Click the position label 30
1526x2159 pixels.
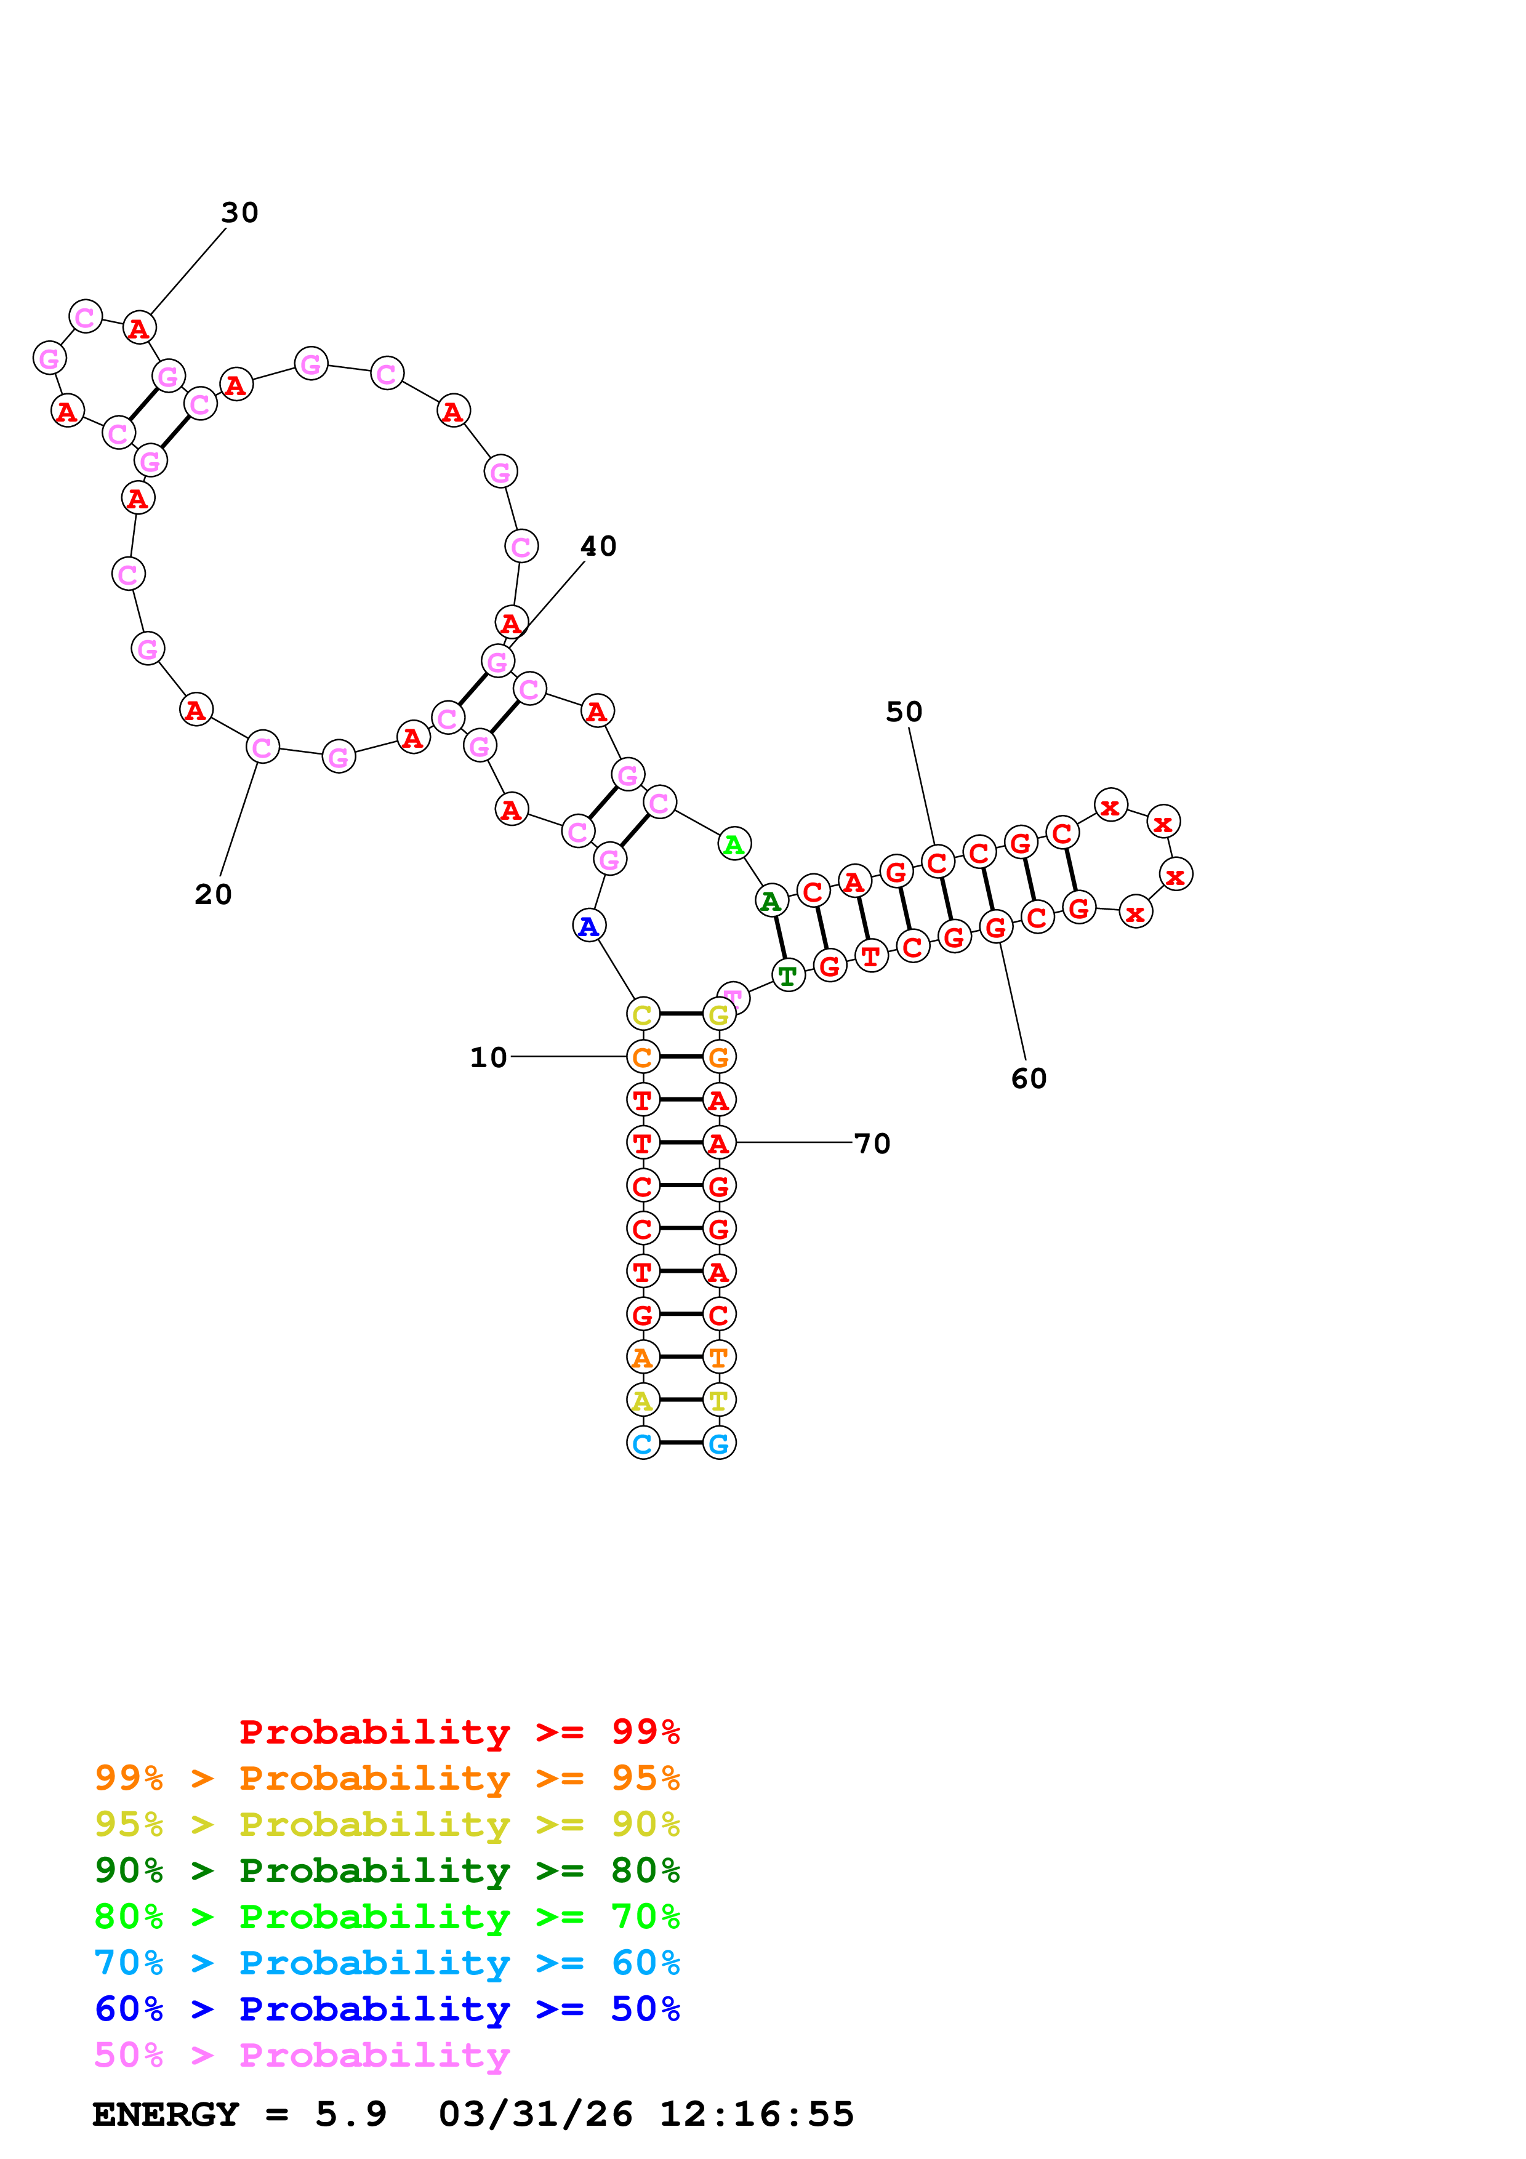tap(239, 212)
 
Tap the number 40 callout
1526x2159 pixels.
tap(598, 547)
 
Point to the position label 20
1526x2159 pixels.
tap(214, 894)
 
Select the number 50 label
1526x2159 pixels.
tap(904, 712)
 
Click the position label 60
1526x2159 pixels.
tap(1029, 1078)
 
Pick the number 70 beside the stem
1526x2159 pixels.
tap(872, 1144)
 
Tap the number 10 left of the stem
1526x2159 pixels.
tap(488, 1058)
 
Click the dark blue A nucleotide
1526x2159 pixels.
tap(588, 926)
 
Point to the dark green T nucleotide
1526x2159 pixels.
tap(788, 976)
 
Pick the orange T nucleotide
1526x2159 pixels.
tap(719, 1358)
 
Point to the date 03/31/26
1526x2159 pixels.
tap(535, 2114)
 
